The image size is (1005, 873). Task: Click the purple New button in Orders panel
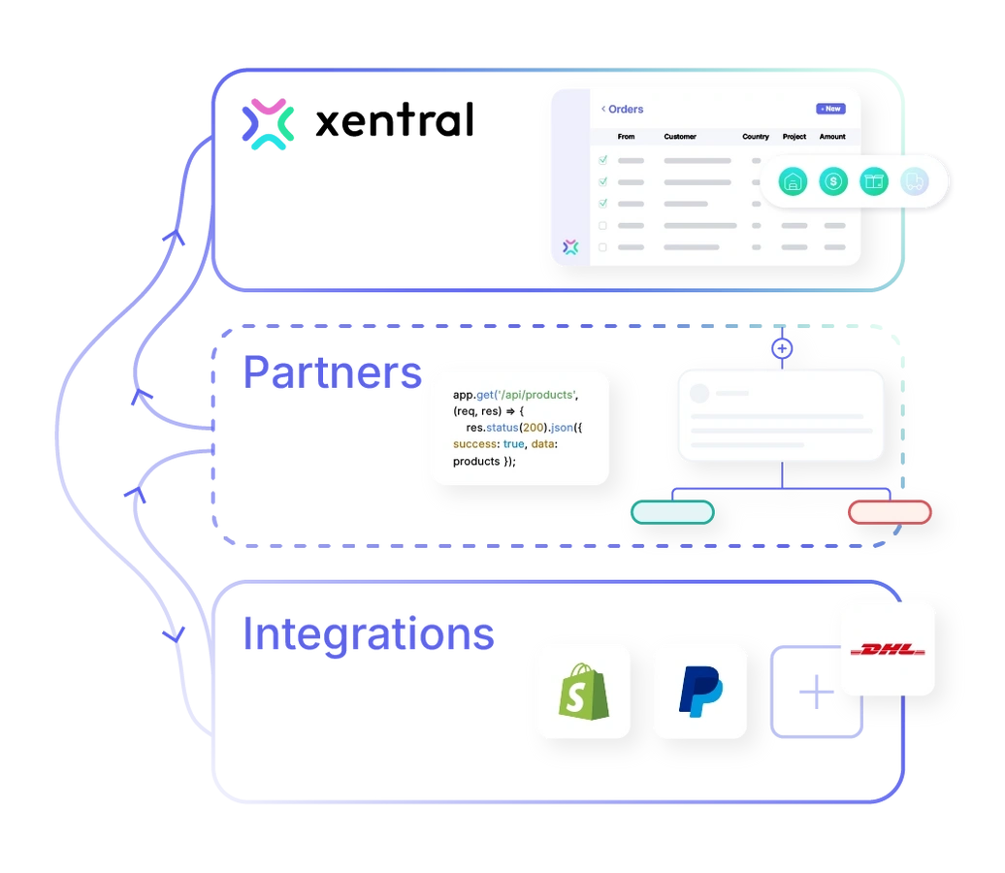tap(829, 109)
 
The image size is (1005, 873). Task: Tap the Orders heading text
tap(625, 110)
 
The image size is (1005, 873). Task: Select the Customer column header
tap(680, 137)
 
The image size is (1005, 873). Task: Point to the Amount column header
tap(832, 137)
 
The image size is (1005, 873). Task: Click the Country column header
tap(756, 137)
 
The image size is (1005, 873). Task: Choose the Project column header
tap(794, 137)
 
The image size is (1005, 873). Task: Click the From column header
tap(626, 137)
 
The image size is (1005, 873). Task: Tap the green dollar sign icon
tap(833, 181)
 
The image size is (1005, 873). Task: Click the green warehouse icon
tap(794, 181)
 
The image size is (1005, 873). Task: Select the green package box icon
tap(874, 181)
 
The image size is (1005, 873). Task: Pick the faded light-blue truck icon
tap(914, 181)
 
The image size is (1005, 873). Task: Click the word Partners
tap(333, 373)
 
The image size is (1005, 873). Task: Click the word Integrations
tap(368, 634)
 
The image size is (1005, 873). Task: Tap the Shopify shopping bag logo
tap(582, 691)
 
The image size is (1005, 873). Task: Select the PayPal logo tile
tap(699, 691)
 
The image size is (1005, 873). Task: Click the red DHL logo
tap(888, 649)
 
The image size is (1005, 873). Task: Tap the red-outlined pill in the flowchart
tap(890, 512)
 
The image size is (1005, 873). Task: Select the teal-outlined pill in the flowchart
tap(672, 512)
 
